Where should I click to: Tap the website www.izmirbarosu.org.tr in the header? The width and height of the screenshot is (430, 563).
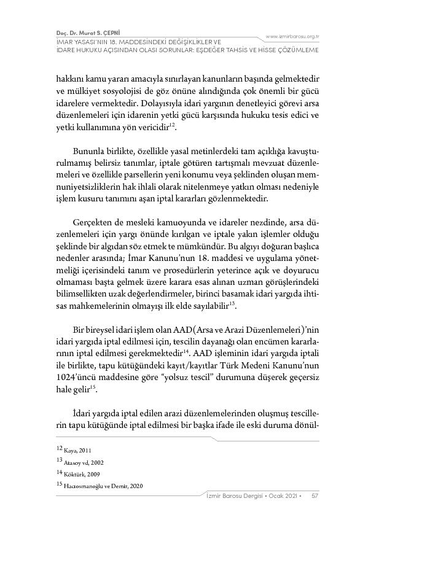pyautogui.click(x=292, y=37)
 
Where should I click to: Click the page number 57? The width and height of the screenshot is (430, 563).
pyautogui.click(x=315, y=495)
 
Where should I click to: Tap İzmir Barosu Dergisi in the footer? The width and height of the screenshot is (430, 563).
pyautogui.click(x=234, y=495)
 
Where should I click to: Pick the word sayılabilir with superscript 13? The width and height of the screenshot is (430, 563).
pyautogui.click(x=206, y=305)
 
